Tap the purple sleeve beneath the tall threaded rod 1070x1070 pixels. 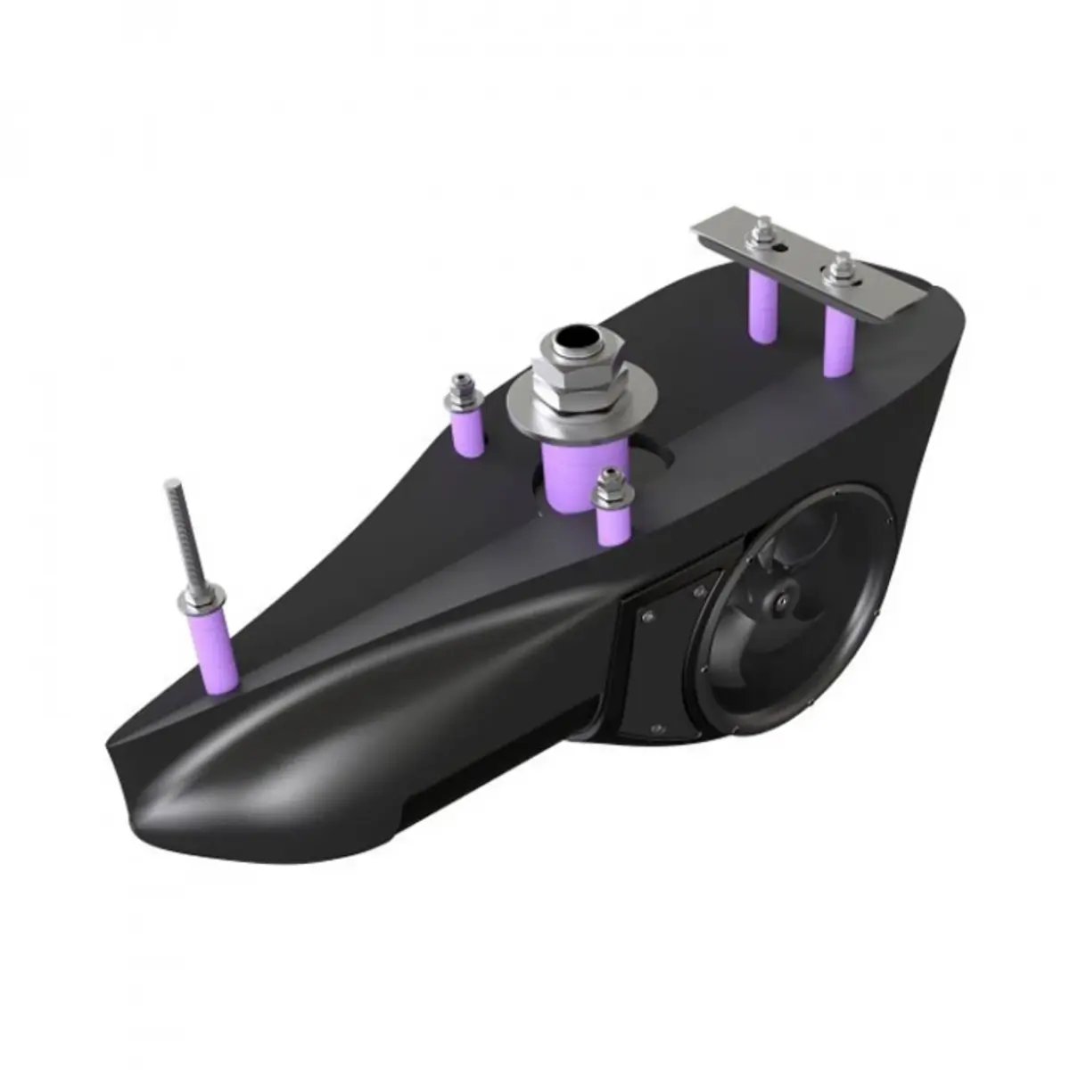(215, 652)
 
